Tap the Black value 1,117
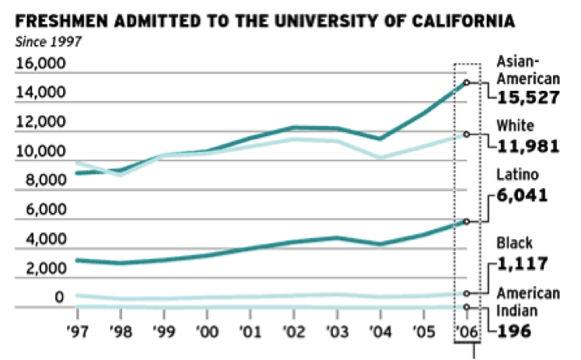(522, 264)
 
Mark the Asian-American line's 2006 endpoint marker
(466, 82)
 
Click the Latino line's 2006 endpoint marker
(466, 222)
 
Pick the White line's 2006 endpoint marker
(466, 134)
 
